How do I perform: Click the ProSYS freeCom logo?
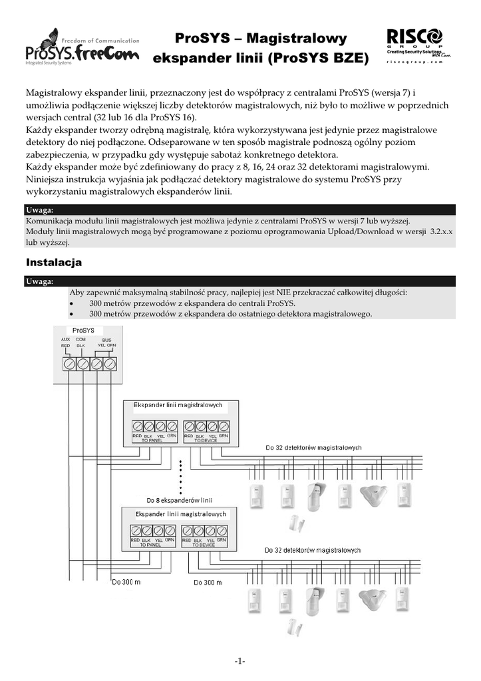(81, 47)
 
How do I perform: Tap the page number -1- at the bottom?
(240, 661)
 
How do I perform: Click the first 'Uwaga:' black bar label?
(39, 210)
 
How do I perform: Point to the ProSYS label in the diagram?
(83, 330)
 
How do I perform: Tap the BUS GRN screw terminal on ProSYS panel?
(111, 364)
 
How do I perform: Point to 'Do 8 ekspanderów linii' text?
(179, 499)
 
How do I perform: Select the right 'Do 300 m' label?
(208, 583)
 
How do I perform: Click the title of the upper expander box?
(178, 405)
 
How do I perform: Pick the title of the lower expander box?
(181, 514)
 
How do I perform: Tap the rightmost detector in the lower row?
(403, 601)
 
